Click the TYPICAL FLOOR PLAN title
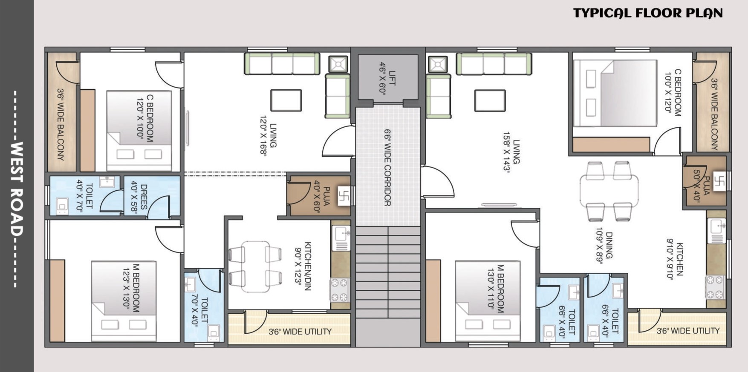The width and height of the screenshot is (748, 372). click(x=648, y=13)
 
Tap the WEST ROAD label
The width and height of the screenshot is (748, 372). click(x=16, y=189)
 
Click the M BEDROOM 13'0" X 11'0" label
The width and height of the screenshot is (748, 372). click(x=495, y=288)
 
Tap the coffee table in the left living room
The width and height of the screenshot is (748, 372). click(x=286, y=100)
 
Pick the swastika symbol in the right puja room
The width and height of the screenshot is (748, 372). click(x=719, y=182)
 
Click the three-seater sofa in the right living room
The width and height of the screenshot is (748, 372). click(x=494, y=63)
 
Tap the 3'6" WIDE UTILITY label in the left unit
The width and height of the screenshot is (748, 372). click(x=300, y=332)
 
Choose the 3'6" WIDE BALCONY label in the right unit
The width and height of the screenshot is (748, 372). click(x=715, y=114)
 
